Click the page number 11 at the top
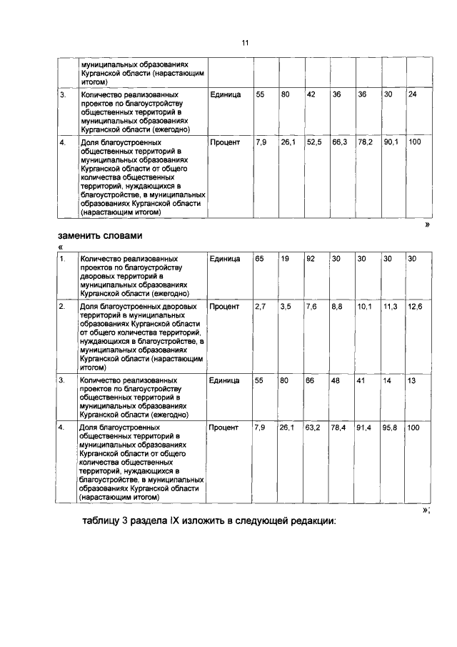(244, 44)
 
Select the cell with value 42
(311, 94)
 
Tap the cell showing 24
(413, 94)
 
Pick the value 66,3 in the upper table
(339, 142)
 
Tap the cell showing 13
(412, 380)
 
